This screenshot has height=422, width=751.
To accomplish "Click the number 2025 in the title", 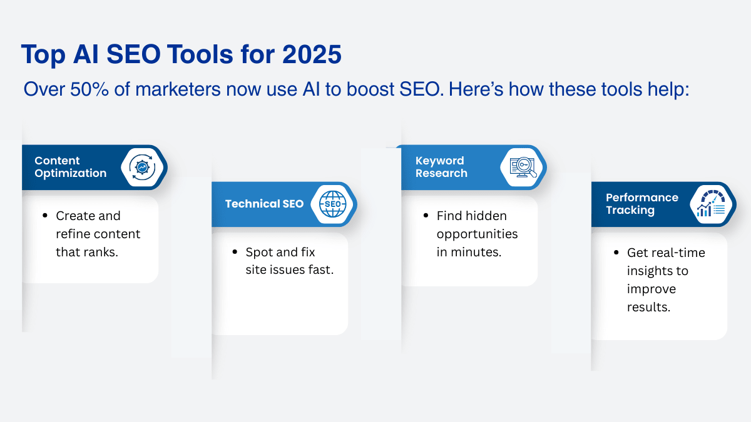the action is (312, 54).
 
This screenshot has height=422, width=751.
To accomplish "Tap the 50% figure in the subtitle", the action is (89, 89).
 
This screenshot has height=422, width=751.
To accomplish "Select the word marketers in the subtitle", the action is (178, 89).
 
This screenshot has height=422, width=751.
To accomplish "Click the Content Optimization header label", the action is (70, 167).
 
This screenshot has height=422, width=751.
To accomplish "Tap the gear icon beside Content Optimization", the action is (142, 167).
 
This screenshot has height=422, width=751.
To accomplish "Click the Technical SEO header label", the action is (264, 204).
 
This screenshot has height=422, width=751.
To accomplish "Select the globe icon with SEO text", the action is (332, 204).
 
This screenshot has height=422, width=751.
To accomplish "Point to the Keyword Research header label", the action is (441, 167).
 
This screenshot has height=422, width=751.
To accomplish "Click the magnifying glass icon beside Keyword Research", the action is (523, 167).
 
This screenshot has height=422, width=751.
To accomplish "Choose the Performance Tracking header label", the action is (641, 204).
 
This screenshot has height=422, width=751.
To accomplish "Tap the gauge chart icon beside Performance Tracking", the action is (711, 204).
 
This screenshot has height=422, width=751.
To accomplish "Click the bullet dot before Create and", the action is (45, 215).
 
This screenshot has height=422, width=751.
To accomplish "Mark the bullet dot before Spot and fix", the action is (235, 252).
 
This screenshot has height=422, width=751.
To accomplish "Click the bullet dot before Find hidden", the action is (426, 215).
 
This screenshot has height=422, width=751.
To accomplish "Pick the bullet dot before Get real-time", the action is (616, 252).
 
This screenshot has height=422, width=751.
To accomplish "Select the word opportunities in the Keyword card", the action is (477, 234).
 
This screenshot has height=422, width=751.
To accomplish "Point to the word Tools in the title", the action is (200, 54).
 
